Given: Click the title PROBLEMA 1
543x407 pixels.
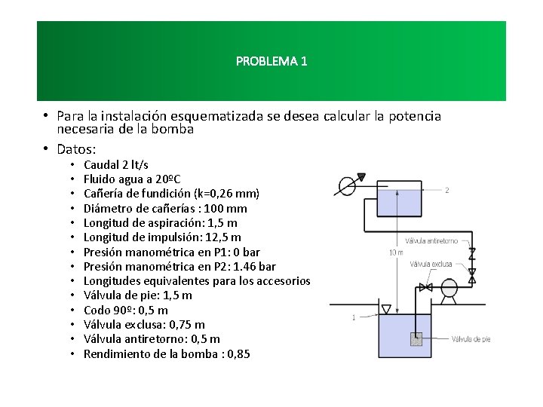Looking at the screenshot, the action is click(x=271, y=61).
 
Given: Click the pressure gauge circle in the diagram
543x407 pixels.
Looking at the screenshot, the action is click(x=348, y=185).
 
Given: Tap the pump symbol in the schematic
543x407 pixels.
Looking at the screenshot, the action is click(x=449, y=288).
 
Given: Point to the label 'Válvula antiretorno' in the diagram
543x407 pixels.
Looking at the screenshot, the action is click(x=432, y=241).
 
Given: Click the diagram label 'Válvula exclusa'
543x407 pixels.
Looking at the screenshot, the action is click(x=431, y=264).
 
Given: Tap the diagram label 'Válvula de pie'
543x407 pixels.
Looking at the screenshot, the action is click(x=471, y=340).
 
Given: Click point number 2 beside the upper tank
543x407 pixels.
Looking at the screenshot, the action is click(x=447, y=190).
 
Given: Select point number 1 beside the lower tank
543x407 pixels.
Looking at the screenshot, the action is click(x=354, y=317).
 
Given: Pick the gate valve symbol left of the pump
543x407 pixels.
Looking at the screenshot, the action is click(x=425, y=288).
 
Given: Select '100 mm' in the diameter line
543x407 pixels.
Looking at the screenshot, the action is click(x=228, y=209).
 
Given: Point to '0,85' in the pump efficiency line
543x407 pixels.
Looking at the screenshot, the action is click(x=237, y=353).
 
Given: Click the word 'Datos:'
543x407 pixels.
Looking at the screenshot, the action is click(x=76, y=148).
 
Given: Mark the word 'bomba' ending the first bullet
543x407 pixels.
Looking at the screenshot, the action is click(x=177, y=129).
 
